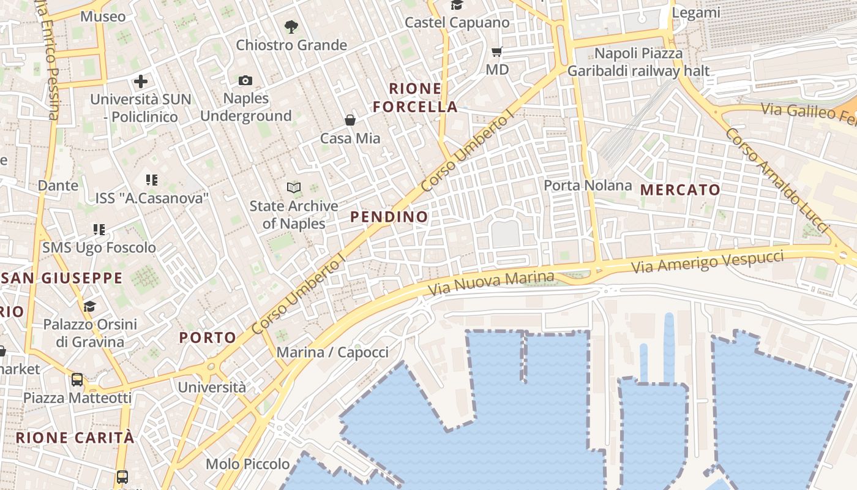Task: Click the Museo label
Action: click(103, 17)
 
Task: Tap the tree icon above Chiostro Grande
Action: click(291, 27)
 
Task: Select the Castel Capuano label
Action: click(457, 23)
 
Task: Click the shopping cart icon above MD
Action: click(497, 52)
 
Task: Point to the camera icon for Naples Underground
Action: click(245, 80)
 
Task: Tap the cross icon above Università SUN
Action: click(141, 81)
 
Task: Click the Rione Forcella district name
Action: click(416, 97)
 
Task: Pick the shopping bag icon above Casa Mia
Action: click(350, 120)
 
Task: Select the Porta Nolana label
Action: click(588, 185)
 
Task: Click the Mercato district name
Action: click(680, 190)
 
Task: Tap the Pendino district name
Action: click(389, 217)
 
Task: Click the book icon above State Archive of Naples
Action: click(294, 188)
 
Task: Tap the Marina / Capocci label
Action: click(332, 352)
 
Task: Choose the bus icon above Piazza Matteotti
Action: click(77, 380)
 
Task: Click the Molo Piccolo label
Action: click(248, 464)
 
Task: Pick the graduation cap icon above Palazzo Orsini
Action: click(90, 306)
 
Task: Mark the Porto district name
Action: click(208, 337)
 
